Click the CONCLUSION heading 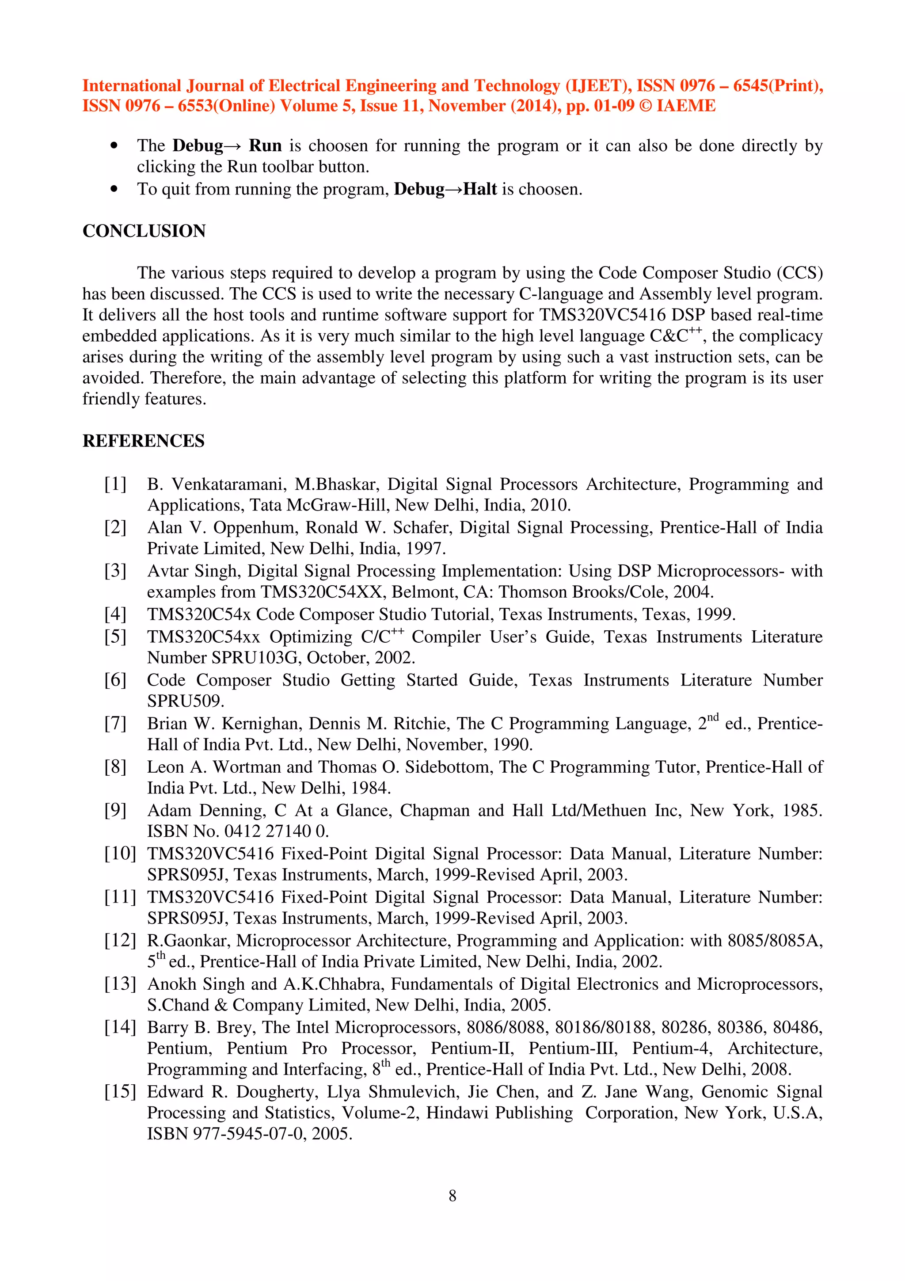coord(144,231)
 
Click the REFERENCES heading coord(143,441)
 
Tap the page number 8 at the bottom coord(452,1196)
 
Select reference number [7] coord(115,724)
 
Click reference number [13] coord(120,984)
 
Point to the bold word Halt coord(479,189)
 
